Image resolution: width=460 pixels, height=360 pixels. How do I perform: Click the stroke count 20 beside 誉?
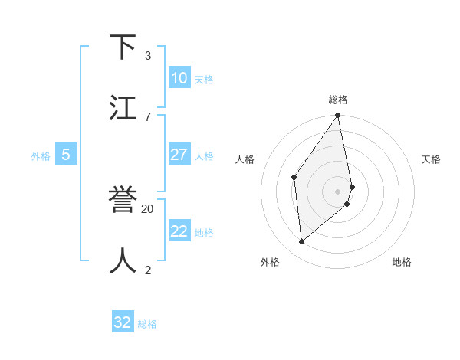148,208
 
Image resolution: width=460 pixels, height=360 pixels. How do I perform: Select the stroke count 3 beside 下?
147,55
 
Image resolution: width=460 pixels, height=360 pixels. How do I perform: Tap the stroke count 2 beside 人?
147,269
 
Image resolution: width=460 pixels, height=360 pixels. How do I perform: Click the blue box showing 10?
179,78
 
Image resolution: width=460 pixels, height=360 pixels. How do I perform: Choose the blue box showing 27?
179,155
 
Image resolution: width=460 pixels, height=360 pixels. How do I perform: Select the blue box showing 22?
179,231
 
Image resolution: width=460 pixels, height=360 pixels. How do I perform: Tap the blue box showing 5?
66,155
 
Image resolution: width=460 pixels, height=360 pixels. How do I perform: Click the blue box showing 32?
123,322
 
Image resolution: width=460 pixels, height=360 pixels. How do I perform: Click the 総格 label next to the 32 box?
147,324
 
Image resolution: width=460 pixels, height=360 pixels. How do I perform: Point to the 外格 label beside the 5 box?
41,156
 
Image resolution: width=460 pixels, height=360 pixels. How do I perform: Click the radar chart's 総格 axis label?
338,100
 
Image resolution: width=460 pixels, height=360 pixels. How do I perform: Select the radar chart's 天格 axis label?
432,159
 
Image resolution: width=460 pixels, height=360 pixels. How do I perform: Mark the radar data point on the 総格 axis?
338,116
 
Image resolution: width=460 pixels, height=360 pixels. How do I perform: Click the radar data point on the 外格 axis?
302,241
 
